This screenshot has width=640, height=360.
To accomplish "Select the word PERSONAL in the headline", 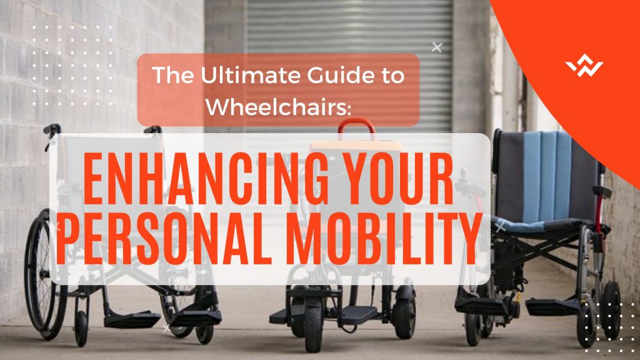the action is pyautogui.click(x=164, y=238).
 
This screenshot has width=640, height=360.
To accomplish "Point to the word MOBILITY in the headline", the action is pyautogui.click(x=384, y=238).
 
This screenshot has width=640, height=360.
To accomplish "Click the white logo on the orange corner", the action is pyautogui.click(x=584, y=65).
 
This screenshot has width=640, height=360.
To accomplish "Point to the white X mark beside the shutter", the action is pyautogui.click(x=437, y=47).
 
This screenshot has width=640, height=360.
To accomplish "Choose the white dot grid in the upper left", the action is pyautogui.click(x=72, y=65).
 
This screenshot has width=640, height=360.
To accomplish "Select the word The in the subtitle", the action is pyautogui.click(x=172, y=75).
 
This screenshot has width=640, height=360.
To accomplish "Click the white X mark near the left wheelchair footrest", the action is pyautogui.click(x=166, y=327).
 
